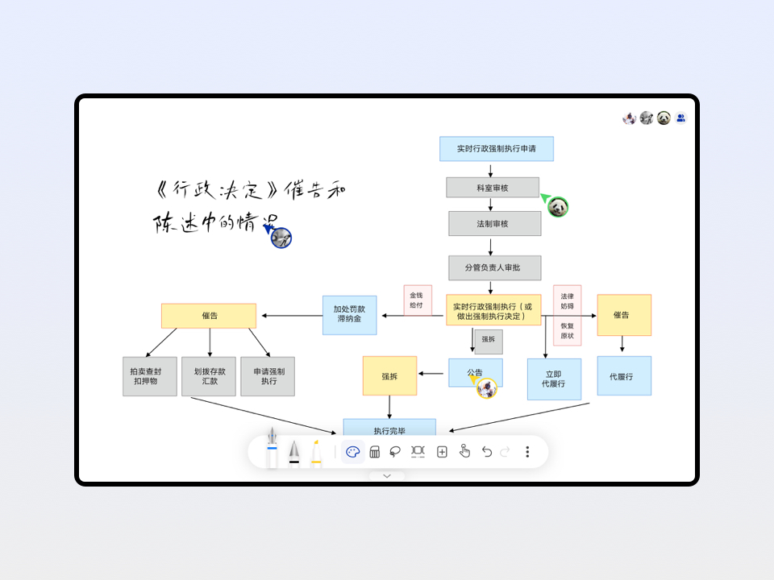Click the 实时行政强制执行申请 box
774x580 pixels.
[496, 148]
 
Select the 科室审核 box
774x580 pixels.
[493, 188]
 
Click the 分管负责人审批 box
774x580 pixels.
[494, 267]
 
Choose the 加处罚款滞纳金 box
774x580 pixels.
[349, 314]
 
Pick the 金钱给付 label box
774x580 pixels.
[418, 300]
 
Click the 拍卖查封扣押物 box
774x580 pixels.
[149, 376]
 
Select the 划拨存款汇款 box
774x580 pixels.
[210, 376]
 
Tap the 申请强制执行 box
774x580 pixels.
[268, 376]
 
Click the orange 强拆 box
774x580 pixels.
[389, 376]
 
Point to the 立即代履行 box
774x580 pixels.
[554, 379]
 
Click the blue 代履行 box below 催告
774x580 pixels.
[624, 376]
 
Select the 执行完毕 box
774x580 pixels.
[389, 429]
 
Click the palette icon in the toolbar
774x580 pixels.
[352, 452]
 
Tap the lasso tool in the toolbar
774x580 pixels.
[395, 452]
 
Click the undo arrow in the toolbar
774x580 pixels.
[486, 452]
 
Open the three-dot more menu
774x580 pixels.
[527, 452]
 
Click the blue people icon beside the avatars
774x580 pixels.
[681, 118]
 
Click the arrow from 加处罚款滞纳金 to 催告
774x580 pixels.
[289, 315]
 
